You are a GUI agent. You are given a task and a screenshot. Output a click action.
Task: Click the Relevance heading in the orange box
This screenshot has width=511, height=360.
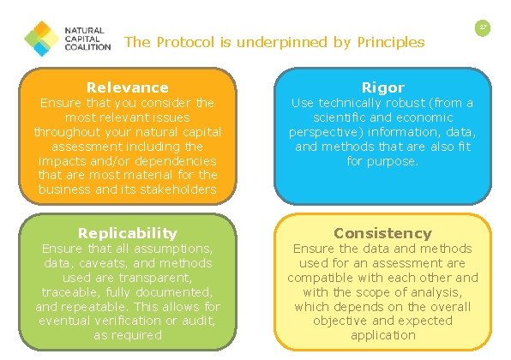coord(127,87)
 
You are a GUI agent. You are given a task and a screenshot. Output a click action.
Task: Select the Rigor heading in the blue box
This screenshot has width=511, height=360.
coord(382,87)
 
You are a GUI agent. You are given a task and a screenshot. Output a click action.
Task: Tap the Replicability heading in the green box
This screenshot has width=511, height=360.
coord(127,233)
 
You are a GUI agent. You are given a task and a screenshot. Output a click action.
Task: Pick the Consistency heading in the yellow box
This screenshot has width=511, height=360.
coord(382,233)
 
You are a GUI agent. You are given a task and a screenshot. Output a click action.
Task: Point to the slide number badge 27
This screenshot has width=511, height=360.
coord(484,28)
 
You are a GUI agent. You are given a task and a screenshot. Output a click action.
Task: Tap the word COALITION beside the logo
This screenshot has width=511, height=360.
coord(88,48)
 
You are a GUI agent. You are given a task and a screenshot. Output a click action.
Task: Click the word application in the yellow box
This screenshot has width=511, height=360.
coord(382,335)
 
